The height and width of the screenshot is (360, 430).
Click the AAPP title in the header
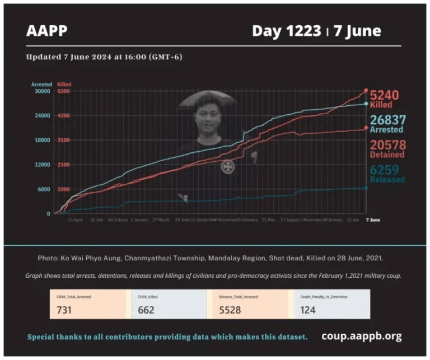47,31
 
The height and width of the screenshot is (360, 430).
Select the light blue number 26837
387,120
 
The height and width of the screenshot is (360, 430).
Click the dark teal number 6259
386,170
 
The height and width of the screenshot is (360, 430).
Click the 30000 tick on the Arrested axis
43,91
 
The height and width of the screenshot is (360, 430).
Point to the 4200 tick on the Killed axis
63,116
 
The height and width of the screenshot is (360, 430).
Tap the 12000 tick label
43,165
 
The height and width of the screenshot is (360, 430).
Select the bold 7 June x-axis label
372,220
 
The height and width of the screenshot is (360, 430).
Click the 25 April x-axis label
75,220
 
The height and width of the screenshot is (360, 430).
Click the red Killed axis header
64,85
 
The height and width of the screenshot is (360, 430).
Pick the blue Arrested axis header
41,85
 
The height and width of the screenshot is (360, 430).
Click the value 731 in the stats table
65,310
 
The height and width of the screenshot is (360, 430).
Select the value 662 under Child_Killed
146,310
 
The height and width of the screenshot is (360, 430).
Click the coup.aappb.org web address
361,336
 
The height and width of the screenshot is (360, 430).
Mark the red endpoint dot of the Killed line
366,90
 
